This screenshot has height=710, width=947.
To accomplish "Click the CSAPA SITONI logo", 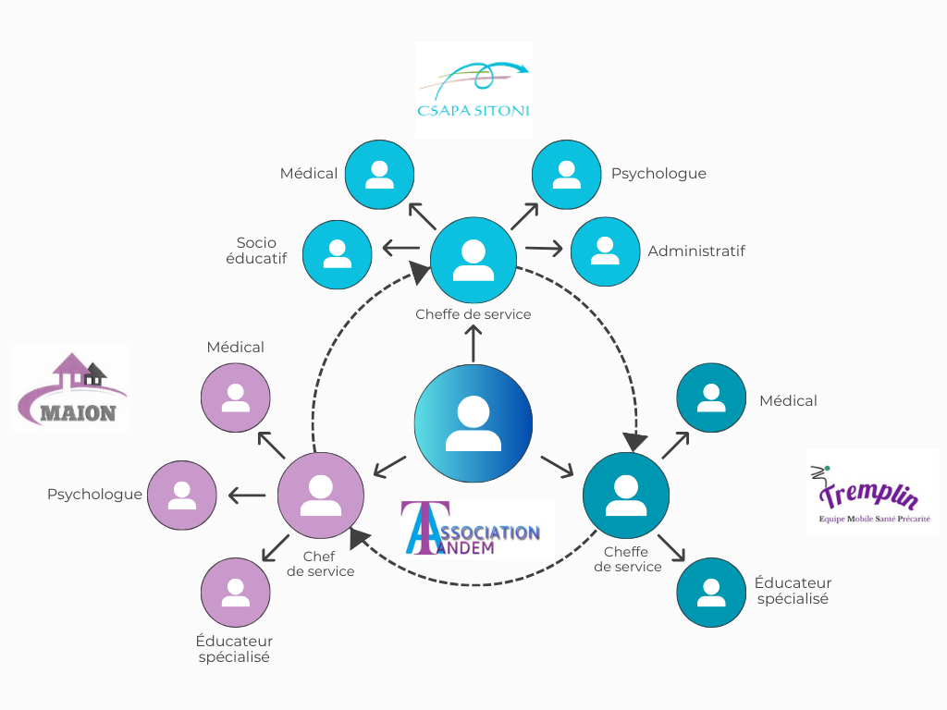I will [x=473, y=91].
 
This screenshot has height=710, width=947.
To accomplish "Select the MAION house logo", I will [x=71, y=388].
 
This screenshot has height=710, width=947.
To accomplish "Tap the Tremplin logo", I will [x=872, y=492].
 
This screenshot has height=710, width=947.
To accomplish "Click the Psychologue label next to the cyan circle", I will [x=658, y=174].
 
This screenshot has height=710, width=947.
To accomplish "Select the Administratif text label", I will [x=696, y=251].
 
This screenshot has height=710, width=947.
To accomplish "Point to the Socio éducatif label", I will [x=256, y=251].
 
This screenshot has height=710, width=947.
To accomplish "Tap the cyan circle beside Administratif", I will [x=605, y=251].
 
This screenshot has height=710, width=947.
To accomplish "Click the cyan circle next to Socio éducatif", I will [x=337, y=253].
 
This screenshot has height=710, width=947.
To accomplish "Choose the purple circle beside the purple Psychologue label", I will [x=182, y=495].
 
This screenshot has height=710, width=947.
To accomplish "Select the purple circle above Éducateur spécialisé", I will [x=235, y=592].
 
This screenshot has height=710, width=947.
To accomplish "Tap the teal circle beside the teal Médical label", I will [x=711, y=398].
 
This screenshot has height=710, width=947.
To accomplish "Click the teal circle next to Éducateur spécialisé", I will [x=711, y=592].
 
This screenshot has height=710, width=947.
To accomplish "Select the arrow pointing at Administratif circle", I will [x=544, y=249].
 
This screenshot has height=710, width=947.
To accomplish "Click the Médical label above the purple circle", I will [x=236, y=348].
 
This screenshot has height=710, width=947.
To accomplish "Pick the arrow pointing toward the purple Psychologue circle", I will [x=247, y=496].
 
